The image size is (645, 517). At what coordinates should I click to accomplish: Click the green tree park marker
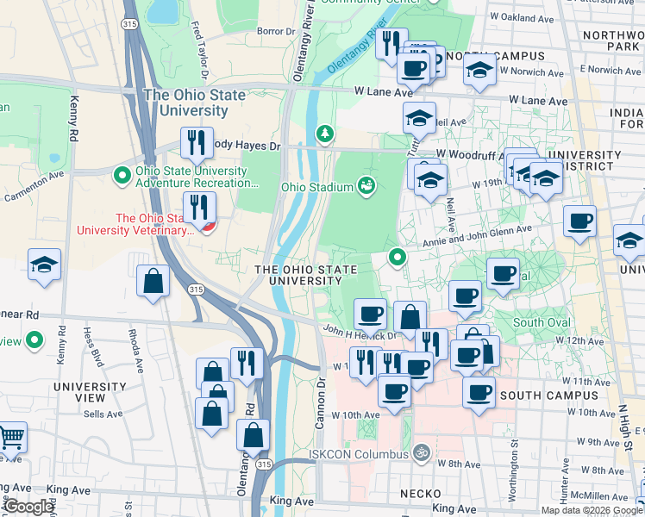click(x=324, y=134)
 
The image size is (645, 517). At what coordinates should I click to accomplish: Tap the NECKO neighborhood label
click(x=421, y=494)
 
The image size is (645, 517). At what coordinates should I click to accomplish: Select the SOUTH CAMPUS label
click(x=548, y=396)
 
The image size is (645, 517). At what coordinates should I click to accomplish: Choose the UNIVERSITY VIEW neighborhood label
click(x=91, y=393)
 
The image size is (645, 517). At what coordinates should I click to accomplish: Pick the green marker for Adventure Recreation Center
click(x=122, y=175)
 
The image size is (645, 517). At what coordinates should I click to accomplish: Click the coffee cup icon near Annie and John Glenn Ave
click(x=579, y=221)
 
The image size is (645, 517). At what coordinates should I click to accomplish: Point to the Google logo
click(x=29, y=507)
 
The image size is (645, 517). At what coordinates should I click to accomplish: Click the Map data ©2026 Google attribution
click(x=592, y=509)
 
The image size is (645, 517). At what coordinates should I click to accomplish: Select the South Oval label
click(x=541, y=323)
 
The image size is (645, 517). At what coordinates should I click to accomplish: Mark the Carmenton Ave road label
click(x=34, y=186)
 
